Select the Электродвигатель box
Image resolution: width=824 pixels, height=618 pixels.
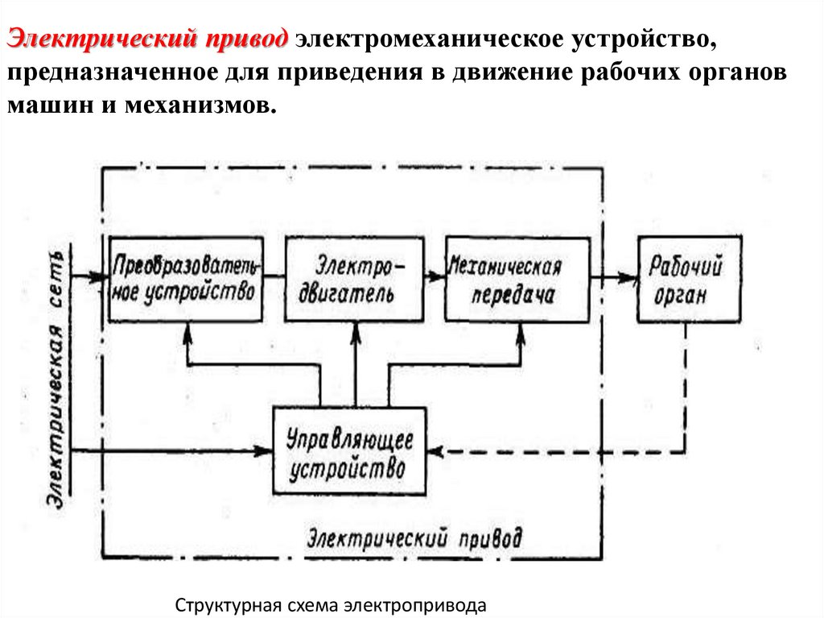click(354, 279)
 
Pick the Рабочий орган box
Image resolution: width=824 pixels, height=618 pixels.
click(688, 280)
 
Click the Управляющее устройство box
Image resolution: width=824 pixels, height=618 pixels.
click(349, 452)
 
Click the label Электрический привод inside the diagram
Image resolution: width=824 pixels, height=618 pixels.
click(414, 537)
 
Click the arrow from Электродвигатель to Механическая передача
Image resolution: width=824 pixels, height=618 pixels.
click(435, 277)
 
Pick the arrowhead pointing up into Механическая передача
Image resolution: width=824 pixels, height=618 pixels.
click(519, 332)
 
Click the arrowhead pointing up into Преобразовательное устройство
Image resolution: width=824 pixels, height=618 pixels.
click(187, 330)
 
